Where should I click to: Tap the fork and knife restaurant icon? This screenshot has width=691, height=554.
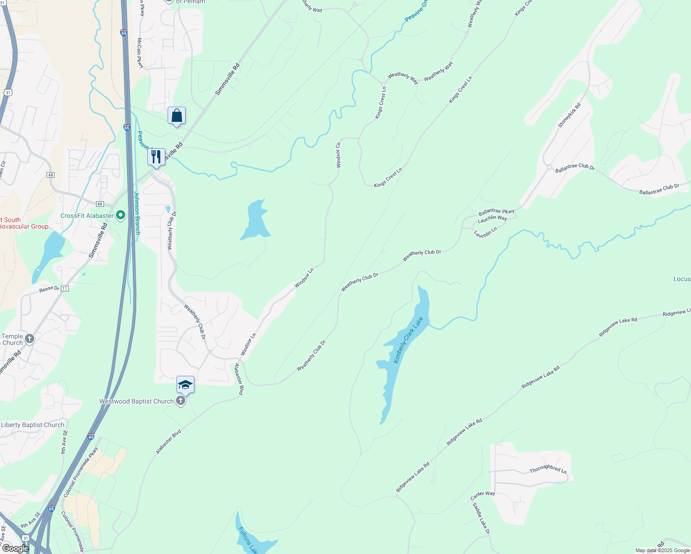(156, 157)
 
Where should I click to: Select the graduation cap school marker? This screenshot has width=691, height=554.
(185, 385)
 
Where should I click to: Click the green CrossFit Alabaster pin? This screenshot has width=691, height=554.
(121, 215)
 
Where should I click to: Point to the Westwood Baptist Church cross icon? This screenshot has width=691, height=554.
(181, 401)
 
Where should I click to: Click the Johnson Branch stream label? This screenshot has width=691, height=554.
(137, 213)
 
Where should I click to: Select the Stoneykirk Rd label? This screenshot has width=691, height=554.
(569, 115)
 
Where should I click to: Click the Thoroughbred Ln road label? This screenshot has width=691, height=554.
(548, 469)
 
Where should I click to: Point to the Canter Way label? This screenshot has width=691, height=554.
(483, 495)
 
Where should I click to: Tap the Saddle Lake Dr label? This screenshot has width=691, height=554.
(481, 518)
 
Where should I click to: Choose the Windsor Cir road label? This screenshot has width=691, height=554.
(339, 155)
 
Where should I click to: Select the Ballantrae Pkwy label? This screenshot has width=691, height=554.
(497, 212)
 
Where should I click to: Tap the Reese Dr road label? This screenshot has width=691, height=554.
(49, 289)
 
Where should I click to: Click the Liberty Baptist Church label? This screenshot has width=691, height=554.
(33, 425)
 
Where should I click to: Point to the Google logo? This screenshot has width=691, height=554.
(15, 548)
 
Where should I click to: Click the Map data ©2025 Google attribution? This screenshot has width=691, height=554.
(662, 550)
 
